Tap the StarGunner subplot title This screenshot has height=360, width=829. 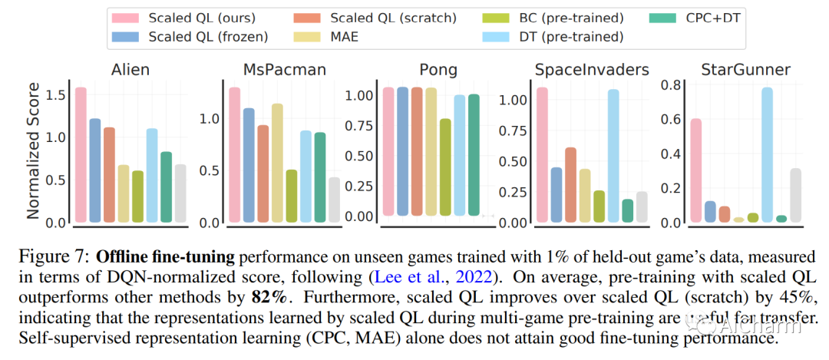pyautogui.click(x=735, y=70)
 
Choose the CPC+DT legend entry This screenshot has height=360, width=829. pyautogui.click(x=706, y=17)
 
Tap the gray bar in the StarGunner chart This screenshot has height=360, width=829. pyautogui.click(x=795, y=196)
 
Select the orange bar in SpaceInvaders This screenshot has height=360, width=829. pyautogui.click(x=570, y=184)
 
